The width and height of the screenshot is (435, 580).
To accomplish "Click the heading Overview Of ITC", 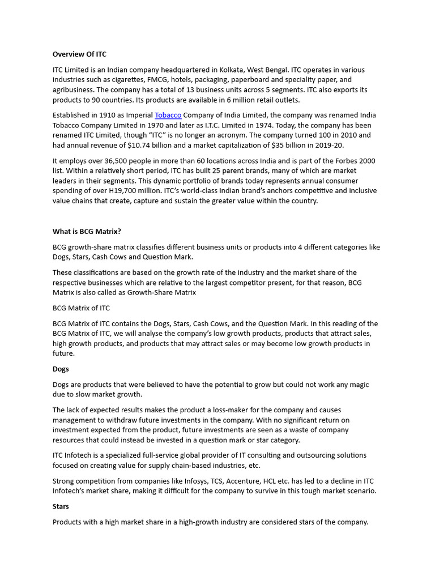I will pyautogui.click(x=79, y=54).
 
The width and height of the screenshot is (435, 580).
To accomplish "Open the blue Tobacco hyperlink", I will pyautogui.click(x=168, y=115).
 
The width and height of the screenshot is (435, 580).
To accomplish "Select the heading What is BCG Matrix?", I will pyautogui.click(x=87, y=232).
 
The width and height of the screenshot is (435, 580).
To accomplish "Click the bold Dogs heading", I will pyautogui.click(x=61, y=369).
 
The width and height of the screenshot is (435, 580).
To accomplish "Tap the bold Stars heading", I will pyautogui.click(x=61, y=506).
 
